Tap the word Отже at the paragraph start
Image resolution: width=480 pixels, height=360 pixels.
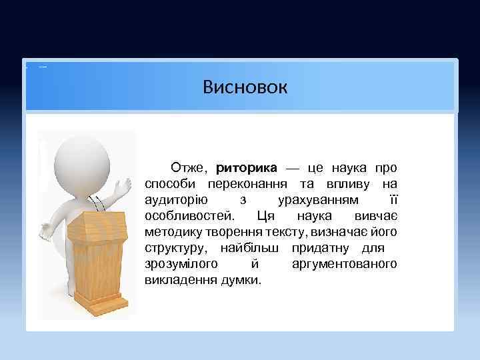click(x=189, y=167)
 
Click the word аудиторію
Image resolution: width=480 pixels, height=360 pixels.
click(x=175, y=200)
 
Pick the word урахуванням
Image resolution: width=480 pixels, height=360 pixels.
click(x=317, y=200)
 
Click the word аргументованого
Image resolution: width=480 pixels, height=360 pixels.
click(x=344, y=264)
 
